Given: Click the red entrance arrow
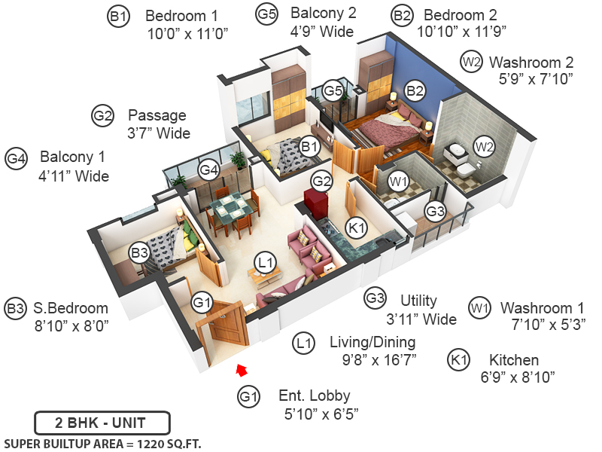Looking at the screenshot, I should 242,369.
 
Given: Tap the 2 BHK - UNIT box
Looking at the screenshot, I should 102,422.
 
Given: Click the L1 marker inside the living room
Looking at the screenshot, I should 263,262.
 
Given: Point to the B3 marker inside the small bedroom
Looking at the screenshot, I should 138,253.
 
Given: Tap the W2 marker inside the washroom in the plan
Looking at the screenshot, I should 484,146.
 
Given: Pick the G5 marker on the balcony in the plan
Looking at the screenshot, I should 333,92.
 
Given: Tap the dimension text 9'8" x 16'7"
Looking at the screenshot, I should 372,359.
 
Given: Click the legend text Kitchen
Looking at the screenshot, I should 513,360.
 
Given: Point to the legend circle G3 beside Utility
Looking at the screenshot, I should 375,299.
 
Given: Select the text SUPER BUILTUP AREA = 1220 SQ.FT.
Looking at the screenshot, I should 103,443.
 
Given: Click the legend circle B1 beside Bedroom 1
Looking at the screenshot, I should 119,17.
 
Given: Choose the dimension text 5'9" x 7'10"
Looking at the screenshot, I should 536,78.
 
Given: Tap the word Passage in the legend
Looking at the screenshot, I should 157,116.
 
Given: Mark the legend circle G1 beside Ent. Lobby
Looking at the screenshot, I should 249,396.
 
